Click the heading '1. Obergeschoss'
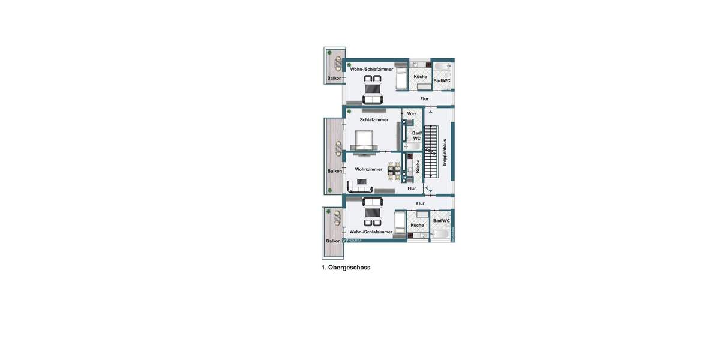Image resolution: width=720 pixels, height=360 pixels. [346, 268]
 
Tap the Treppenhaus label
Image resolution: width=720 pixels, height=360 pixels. [445, 153]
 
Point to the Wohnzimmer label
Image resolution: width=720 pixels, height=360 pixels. [368, 169]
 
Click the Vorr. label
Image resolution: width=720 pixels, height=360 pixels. [412, 113]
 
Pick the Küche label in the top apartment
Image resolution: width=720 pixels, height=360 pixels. [421, 77]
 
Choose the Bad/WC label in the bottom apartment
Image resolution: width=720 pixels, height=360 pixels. [441, 221]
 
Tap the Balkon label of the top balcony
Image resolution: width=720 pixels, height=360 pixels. [334, 78]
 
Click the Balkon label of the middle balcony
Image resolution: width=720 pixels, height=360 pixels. [334, 171]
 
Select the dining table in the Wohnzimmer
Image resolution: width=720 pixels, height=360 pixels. [394, 171]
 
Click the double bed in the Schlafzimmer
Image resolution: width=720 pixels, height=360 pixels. [365, 142]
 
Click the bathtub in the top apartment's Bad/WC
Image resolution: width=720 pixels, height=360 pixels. [442, 66]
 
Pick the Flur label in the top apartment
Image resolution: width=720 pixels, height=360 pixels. [424, 98]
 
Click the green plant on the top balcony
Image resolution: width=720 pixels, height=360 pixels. [329, 53]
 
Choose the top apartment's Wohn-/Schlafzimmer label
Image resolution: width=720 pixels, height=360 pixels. [371, 69]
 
